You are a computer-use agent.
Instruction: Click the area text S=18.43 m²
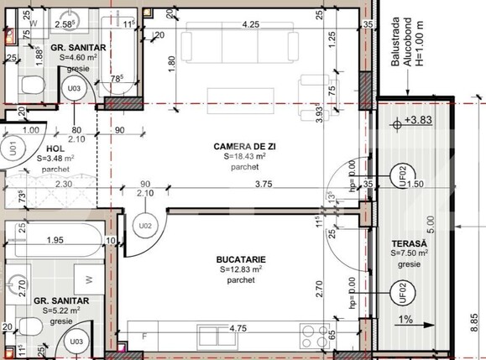click(244, 155)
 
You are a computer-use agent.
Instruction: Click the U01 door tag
click(13, 150)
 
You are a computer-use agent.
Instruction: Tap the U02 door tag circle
click(144, 225)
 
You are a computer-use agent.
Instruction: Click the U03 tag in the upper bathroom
click(74, 87)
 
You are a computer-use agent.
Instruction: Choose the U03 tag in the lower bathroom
click(76, 342)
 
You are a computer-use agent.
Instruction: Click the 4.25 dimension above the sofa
click(249, 24)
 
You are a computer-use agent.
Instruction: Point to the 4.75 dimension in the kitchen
click(238, 329)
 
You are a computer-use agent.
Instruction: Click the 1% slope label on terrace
click(406, 319)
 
